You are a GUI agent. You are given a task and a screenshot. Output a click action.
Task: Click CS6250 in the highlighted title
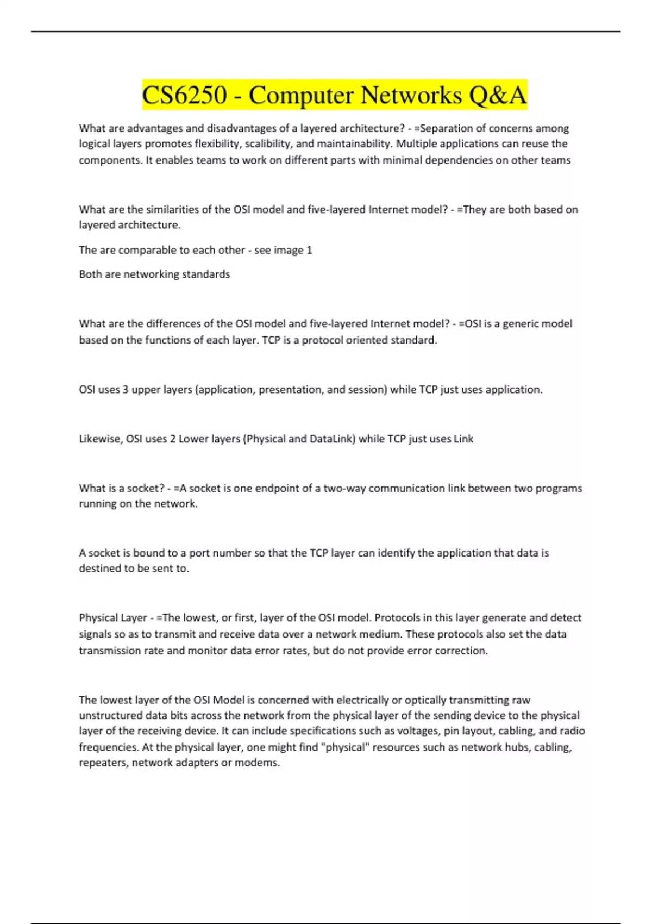184,95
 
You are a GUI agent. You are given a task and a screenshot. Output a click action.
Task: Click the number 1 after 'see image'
309,250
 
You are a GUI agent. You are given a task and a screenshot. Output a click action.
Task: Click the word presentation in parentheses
290,390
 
